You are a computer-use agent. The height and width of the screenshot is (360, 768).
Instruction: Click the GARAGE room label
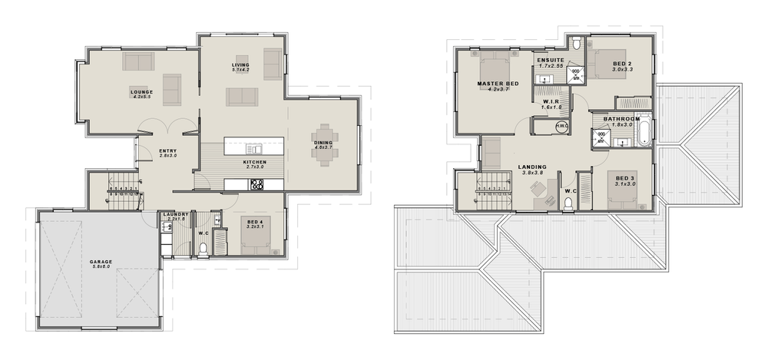(101, 261)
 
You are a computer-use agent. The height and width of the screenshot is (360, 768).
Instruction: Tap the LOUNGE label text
(141, 91)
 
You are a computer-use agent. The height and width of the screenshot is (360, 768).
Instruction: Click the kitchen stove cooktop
(257, 184)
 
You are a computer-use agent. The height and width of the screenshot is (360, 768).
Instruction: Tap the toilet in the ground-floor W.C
(204, 248)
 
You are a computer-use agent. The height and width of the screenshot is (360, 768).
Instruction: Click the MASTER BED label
(495, 83)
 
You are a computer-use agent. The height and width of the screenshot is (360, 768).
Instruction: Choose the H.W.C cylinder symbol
(561, 127)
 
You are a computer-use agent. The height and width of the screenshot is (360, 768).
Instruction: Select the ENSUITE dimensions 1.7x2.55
(551, 66)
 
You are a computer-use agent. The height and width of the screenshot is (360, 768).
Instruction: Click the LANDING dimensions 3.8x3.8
(531, 173)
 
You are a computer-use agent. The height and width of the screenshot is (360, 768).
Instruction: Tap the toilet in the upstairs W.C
(568, 203)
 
